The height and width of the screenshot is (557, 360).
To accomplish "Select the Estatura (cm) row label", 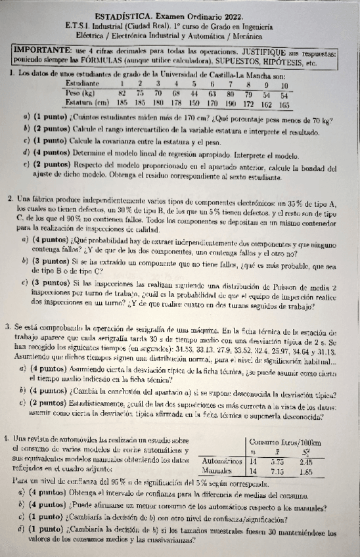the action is click(89, 102).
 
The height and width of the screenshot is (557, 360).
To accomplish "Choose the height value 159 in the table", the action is click(194, 102).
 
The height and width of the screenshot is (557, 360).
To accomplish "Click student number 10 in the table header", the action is click(284, 85).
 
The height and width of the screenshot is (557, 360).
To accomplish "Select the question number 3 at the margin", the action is click(6, 326).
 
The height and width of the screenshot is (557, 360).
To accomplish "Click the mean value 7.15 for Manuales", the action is click(277, 453).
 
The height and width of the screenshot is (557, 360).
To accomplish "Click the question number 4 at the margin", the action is click(5, 418).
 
